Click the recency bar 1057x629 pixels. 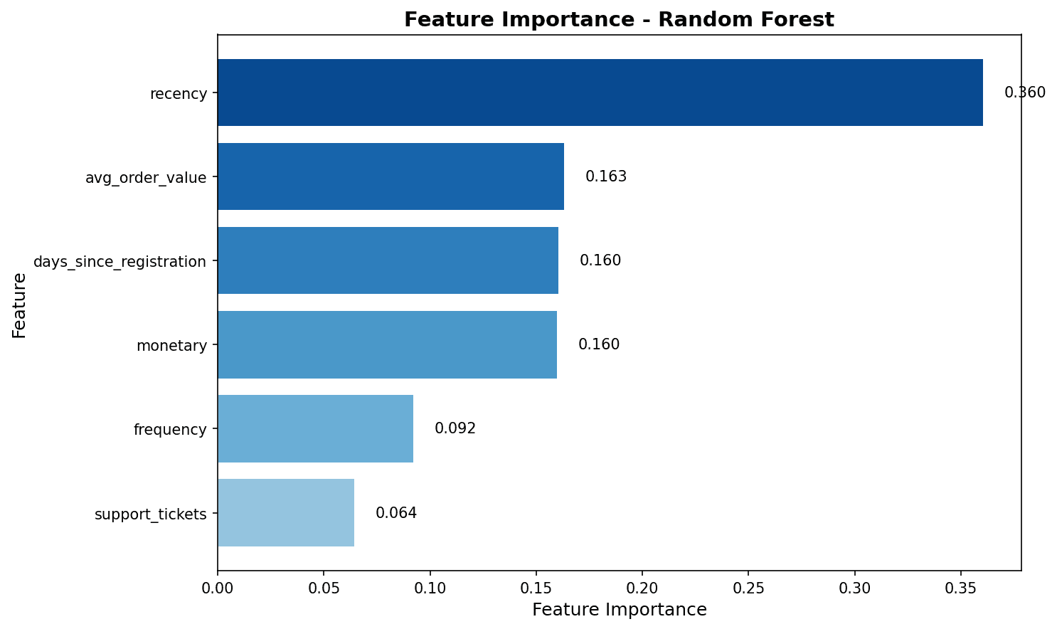coord(600,92)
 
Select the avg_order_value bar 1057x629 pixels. coord(391,176)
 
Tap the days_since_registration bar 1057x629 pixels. coord(388,260)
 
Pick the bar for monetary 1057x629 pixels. coord(387,344)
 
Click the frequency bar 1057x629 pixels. coord(315,428)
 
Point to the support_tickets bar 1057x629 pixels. coord(286,512)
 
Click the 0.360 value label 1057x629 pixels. coord(1024,92)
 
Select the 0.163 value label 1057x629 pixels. coord(606,176)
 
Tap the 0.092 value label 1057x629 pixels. coord(455,428)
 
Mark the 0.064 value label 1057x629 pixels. coord(396,513)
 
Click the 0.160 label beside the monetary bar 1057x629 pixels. coord(599,344)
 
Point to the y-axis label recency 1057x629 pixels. coord(179,93)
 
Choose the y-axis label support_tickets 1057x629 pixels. coord(151,514)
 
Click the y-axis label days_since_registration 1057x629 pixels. coord(119,262)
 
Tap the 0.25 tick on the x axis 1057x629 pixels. coord(748,588)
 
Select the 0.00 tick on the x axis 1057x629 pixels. coord(218,588)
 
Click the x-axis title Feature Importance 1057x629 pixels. coord(619,610)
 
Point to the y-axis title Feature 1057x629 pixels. coord(19,305)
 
